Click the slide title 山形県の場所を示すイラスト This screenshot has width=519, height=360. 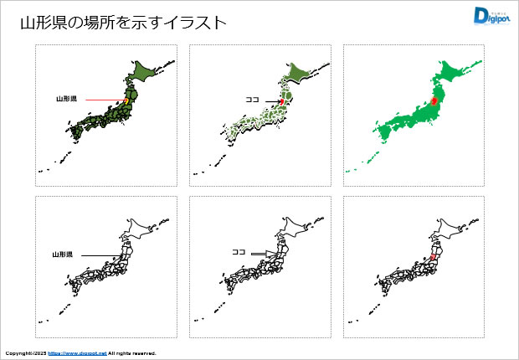(x=123, y=23)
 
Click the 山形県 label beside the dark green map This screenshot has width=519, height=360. (x=67, y=99)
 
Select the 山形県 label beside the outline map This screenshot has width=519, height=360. (x=63, y=254)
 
